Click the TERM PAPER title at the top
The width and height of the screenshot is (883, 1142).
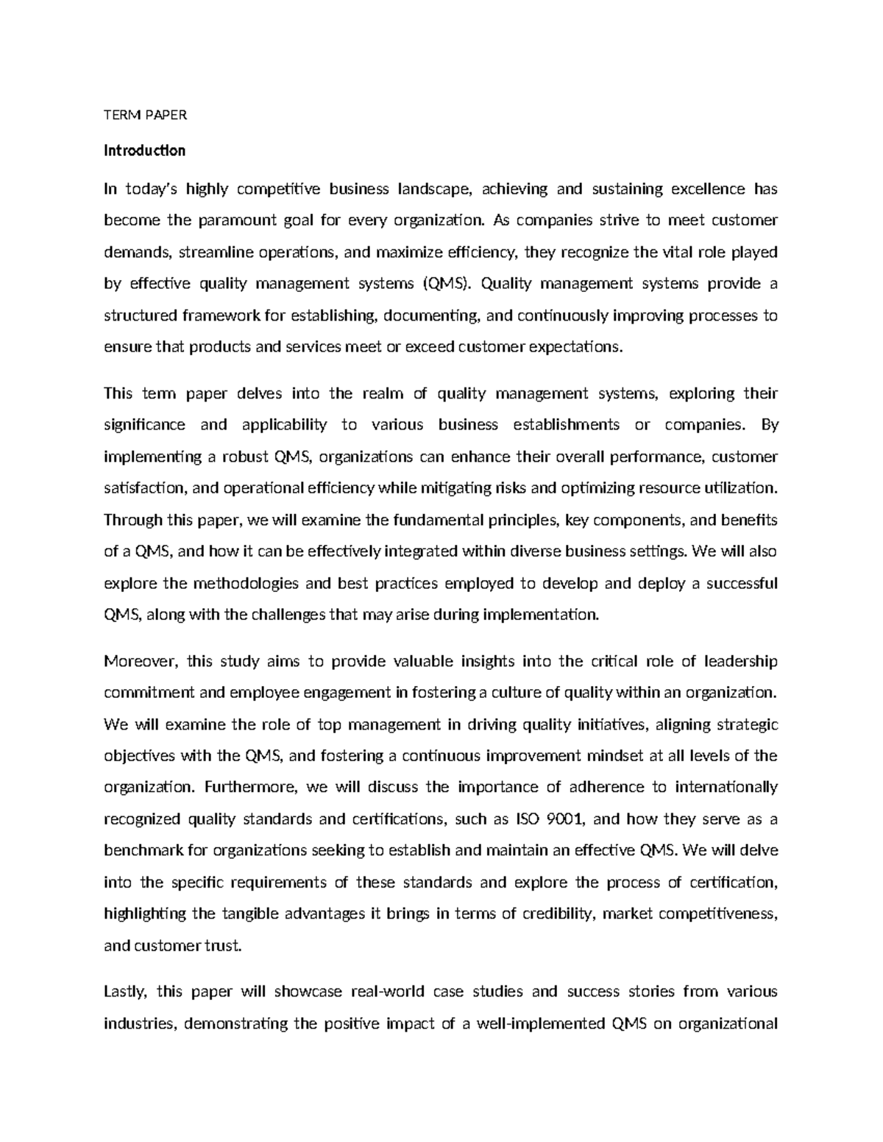(x=146, y=115)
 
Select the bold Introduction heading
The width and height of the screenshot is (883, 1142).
(x=144, y=151)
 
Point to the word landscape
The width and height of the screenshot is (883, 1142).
(x=434, y=189)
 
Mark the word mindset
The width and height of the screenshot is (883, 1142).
(x=617, y=756)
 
